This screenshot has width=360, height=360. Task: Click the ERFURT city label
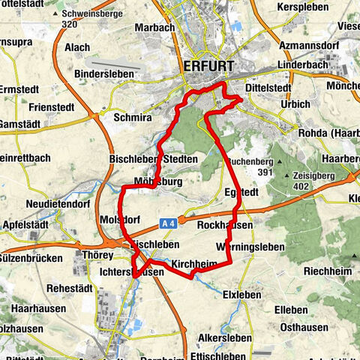[209, 67]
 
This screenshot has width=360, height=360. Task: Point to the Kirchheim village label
[194, 265]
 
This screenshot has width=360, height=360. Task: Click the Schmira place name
[132, 118]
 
